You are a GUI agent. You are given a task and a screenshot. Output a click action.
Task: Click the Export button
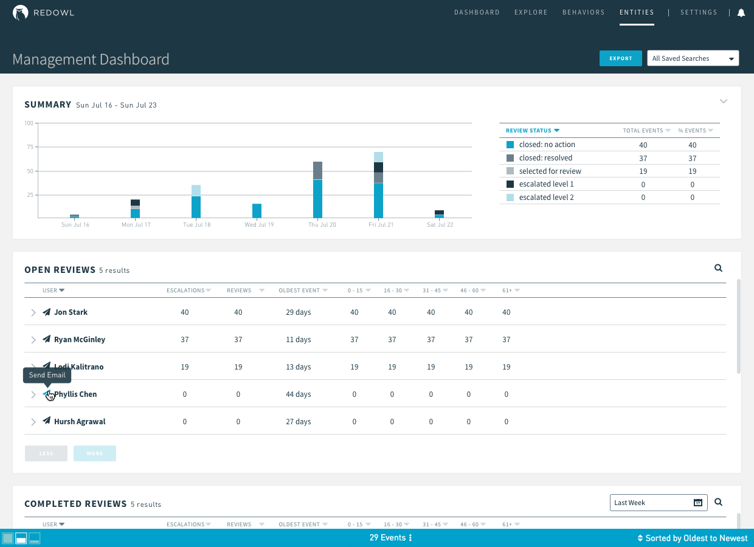(x=620, y=58)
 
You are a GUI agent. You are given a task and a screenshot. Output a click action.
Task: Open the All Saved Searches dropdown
(x=693, y=58)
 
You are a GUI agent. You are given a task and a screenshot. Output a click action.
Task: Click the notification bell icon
(x=741, y=13)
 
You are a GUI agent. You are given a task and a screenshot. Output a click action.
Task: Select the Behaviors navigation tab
(x=583, y=12)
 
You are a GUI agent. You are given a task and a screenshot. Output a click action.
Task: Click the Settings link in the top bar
(x=699, y=12)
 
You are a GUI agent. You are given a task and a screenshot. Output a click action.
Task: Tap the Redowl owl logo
(x=21, y=13)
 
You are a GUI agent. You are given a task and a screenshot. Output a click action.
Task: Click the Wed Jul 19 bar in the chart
(x=257, y=210)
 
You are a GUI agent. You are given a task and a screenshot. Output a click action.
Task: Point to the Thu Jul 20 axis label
(x=322, y=225)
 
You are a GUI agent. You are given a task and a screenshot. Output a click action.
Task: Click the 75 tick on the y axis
(x=29, y=147)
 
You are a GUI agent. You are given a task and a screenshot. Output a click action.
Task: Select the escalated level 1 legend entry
(x=546, y=184)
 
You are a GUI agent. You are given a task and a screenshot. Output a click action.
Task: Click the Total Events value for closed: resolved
(x=643, y=158)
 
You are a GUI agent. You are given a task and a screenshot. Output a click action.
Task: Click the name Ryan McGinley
(x=80, y=340)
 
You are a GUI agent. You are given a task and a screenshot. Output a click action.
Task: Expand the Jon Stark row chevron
(x=33, y=312)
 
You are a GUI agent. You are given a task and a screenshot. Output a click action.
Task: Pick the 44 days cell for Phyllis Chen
(x=298, y=394)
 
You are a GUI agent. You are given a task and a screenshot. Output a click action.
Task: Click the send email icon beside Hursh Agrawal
(x=46, y=421)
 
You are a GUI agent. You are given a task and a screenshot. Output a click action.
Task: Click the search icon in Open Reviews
(x=718, y=268)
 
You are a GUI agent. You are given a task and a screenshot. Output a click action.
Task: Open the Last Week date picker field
(x=658, y=503)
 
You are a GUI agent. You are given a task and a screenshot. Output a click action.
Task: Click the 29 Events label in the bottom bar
(x=388, y=538)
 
